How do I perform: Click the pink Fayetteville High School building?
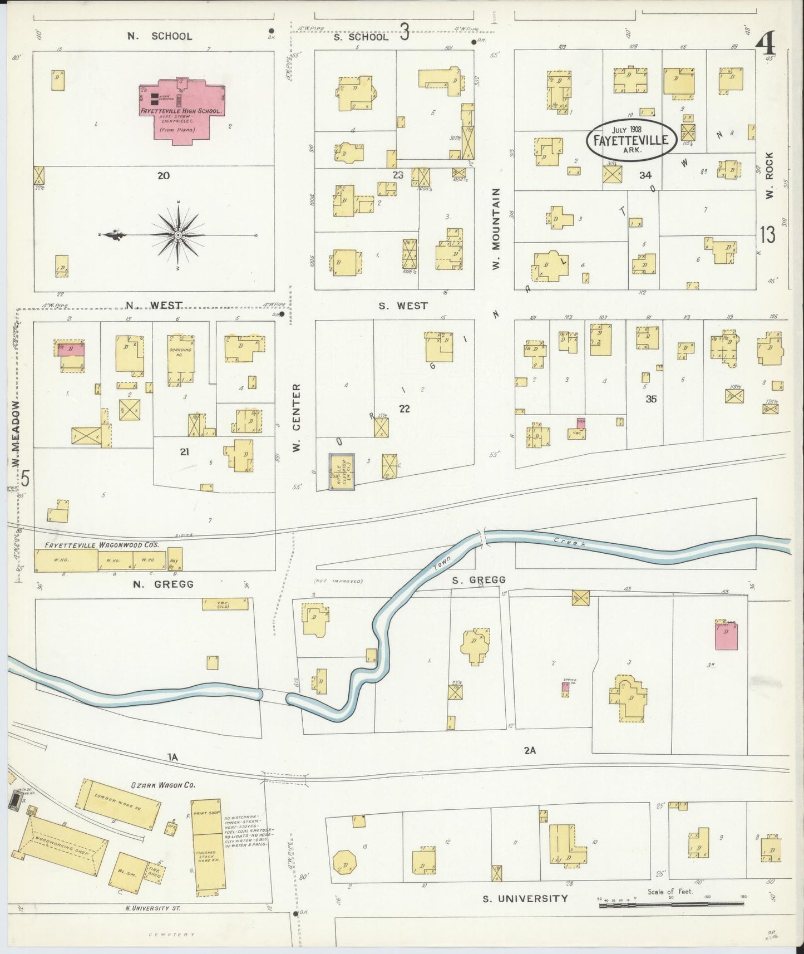point(182,111)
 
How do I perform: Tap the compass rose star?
point(178,235)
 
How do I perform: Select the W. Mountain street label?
point(497,228)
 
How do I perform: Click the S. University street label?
point(525,898)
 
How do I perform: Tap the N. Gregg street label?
point(163,584)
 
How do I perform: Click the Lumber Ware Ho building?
point(117,804)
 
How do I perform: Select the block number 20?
point(163,175)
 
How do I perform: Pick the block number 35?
point(651,399)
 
